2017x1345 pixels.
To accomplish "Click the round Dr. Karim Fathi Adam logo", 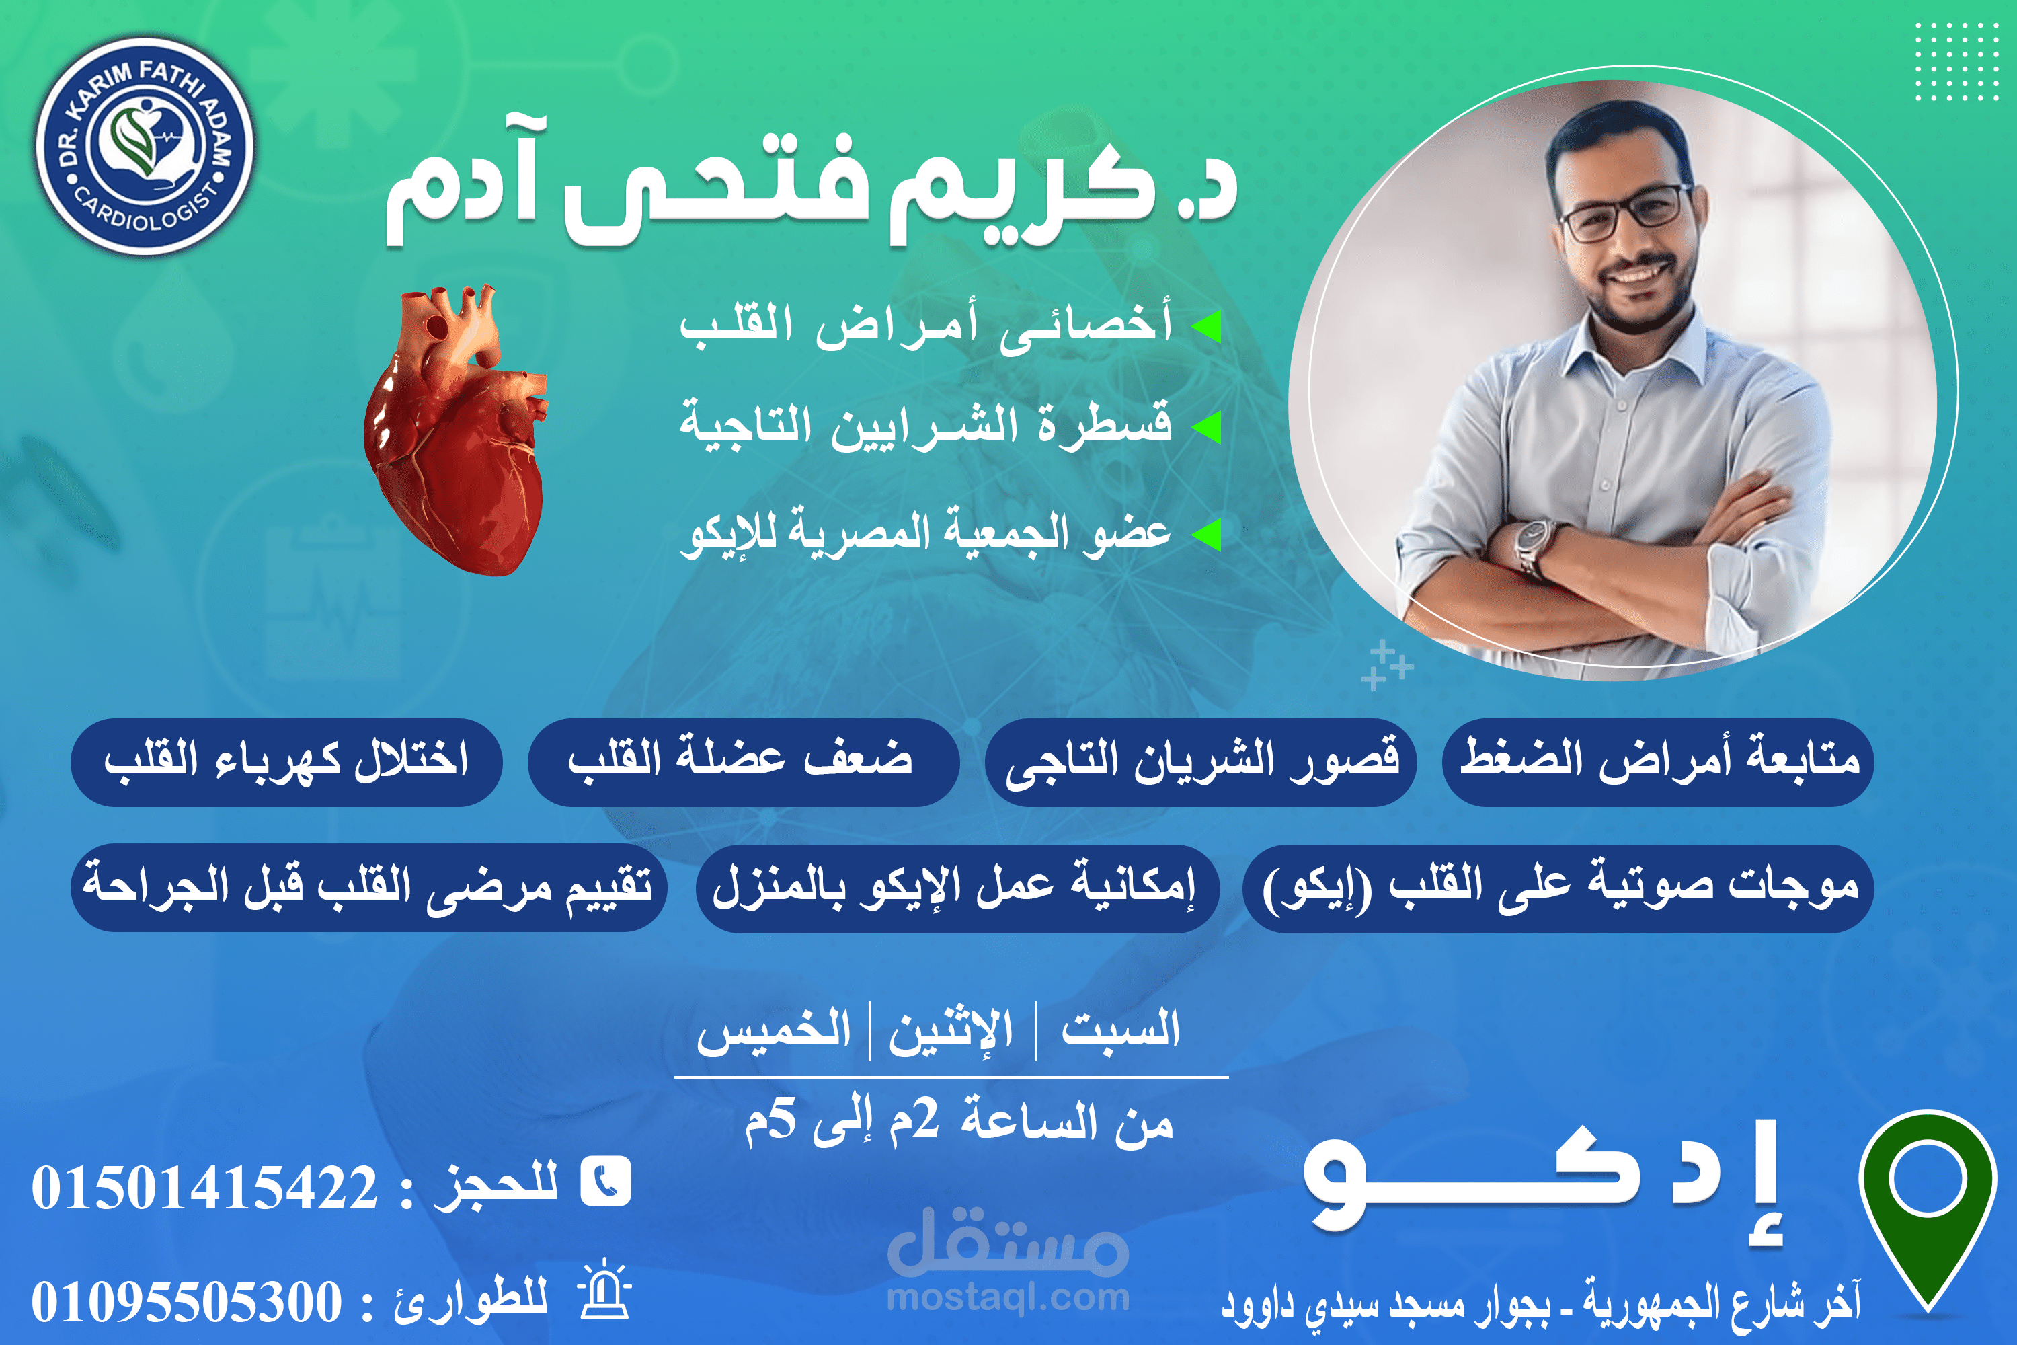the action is [145, 146].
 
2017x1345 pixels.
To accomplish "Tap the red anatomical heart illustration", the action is [455, 430].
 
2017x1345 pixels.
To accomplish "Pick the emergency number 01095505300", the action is [187, 1302].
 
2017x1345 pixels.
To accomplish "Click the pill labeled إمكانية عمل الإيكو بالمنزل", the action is [957, 888].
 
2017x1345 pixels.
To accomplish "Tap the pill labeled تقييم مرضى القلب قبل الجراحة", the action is [368, 888].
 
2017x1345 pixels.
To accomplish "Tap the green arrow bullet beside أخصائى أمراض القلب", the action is [1208, 326].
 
